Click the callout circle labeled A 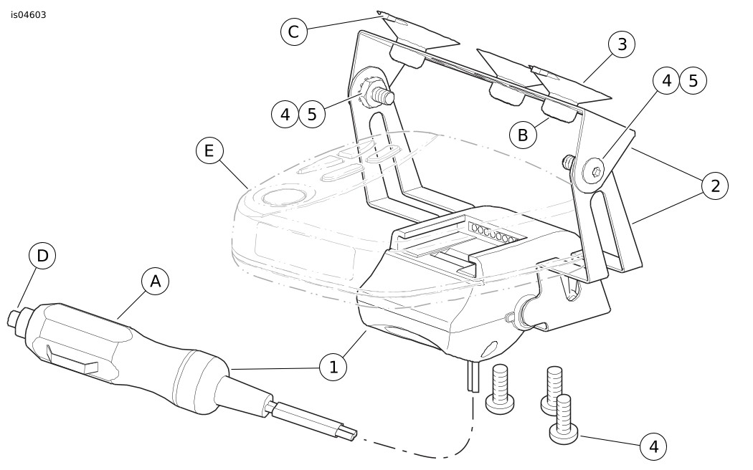[155, 282]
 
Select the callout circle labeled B [523, 134]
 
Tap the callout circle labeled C [293, 32]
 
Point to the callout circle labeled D [42, 256]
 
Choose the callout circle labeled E [209, 151]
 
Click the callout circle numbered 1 [333, 368]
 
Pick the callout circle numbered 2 [714, 186]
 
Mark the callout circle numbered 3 [622, 44]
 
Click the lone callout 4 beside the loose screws [653, 447]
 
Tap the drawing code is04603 [29, 15]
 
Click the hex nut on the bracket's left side [370, 94]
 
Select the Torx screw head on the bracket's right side [593, 171]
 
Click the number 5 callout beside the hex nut [312, 114]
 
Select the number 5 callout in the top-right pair [693, 81]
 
